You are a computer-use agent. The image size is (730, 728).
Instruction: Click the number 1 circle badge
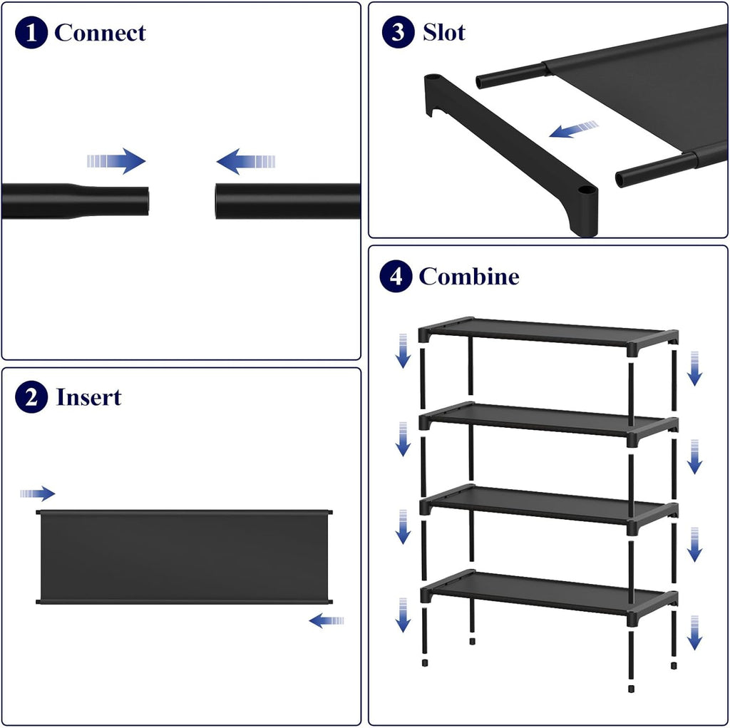coord(31,33)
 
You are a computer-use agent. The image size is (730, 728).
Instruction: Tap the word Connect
coord(100,33)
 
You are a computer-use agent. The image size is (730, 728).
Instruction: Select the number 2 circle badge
coord(31,397)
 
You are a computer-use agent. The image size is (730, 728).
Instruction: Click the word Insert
coord(88,397)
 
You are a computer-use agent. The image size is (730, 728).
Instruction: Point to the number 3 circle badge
coord(398,31)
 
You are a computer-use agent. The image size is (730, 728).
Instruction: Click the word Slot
coord(443,32)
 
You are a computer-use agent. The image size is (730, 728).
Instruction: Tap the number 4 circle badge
coord(396,276)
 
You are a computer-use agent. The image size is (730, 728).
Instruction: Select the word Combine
coord(469,276)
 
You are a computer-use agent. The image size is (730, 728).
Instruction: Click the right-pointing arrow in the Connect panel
coord(116,161)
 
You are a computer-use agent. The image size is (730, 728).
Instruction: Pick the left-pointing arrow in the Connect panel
coord(246,162)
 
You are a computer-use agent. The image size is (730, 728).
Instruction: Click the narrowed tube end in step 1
coord(112,201)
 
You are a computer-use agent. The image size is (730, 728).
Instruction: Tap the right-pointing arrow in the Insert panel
coord(38,493)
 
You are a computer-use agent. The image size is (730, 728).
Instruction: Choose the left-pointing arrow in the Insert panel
coord(327,620)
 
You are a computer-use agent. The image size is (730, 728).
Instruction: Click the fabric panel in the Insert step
coord(185,557)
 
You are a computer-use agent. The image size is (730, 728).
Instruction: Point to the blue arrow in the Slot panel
coord(574,129)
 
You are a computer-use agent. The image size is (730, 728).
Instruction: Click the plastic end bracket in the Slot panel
coord(511,154)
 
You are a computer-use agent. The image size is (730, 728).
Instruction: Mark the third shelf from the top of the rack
coord(549,509)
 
